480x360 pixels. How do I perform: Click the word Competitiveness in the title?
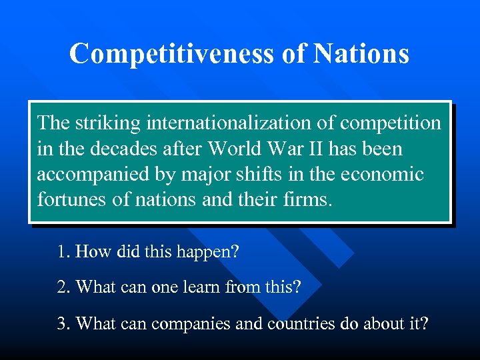pyautogui.click(x=172, y=54)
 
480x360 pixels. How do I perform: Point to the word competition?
pyautogui.click(x=390, y=123)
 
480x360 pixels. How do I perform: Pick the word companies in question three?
pyautogui.click(x=189, y=324)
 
